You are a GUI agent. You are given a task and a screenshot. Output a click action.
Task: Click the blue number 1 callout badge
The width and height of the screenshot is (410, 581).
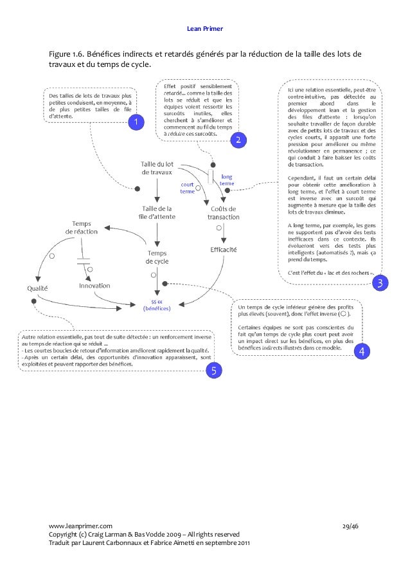coord(136,122)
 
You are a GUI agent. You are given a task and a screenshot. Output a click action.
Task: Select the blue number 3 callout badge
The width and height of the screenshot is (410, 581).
coord(380,282)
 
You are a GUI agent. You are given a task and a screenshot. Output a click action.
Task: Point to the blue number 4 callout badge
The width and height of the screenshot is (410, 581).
coord(361,351)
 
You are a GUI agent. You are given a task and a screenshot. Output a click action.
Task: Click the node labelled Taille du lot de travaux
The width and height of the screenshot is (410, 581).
coord(157,168)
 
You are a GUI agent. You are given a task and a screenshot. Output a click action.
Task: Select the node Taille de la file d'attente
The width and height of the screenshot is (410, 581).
coord(156,213)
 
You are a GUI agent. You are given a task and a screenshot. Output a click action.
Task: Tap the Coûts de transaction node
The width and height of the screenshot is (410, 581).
coord(223,213)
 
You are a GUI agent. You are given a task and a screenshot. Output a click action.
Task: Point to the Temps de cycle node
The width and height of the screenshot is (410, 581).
coord(157,257)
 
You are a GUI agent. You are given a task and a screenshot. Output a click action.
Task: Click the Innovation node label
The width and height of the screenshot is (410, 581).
coord(94,285)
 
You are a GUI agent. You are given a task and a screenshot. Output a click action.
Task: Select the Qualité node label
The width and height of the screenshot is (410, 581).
coord(38,288)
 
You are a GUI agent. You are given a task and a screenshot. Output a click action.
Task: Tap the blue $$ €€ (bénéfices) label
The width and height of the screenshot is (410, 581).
coord(156,305)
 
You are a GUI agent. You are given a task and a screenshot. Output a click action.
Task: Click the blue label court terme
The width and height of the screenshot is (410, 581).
coord(187,188)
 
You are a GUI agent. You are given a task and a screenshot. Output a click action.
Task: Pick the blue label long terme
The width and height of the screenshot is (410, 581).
coord(226,180)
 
